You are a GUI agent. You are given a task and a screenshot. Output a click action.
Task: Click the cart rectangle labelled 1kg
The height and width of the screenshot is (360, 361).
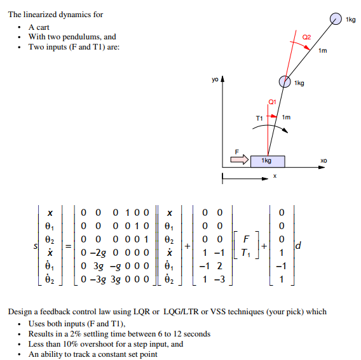tap(268, 161)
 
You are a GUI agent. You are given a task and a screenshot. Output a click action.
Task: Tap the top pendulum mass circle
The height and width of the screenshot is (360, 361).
tap(337, 19)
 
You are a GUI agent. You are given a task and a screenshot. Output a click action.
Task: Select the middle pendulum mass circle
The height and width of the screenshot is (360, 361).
tap(285, 81)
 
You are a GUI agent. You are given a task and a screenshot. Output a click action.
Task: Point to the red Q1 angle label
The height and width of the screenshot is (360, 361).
tap(272, 101)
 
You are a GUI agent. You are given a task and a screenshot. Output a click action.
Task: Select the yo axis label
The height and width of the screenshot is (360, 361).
tap(216, 80)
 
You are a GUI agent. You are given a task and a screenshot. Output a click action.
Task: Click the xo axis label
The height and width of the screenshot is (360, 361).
tap(324, 162)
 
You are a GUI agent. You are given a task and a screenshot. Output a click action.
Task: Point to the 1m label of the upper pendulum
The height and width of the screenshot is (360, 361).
tap(322, 51)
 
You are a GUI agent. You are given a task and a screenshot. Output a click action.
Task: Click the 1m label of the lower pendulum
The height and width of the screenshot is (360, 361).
tap(286, 117)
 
